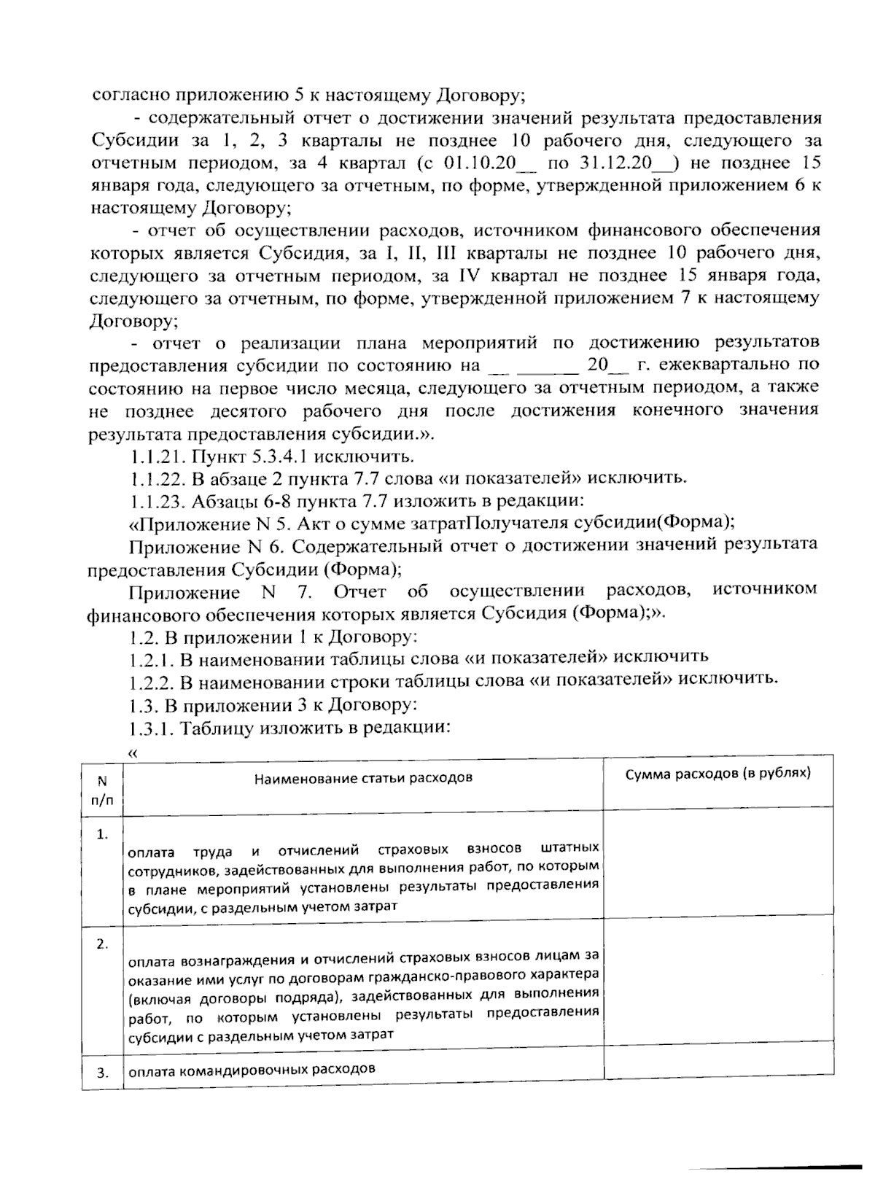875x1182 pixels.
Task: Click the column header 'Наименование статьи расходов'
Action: (363, 777)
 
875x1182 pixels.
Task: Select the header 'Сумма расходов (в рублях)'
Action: (718, 773)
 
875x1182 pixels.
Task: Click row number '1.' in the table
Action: (103, 833)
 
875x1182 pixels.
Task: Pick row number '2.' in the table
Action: (103, 944)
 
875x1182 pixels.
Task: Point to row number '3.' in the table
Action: (103, 1072)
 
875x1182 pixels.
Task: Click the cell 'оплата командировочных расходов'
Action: (252, 1070)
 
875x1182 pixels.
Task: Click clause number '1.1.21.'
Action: (159, 456)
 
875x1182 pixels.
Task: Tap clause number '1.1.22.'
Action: (159, 478)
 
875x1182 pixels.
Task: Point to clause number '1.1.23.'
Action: (159, 501)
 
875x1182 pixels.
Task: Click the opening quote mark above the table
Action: (132, 753)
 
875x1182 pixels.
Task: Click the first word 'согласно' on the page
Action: (122, 96)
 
